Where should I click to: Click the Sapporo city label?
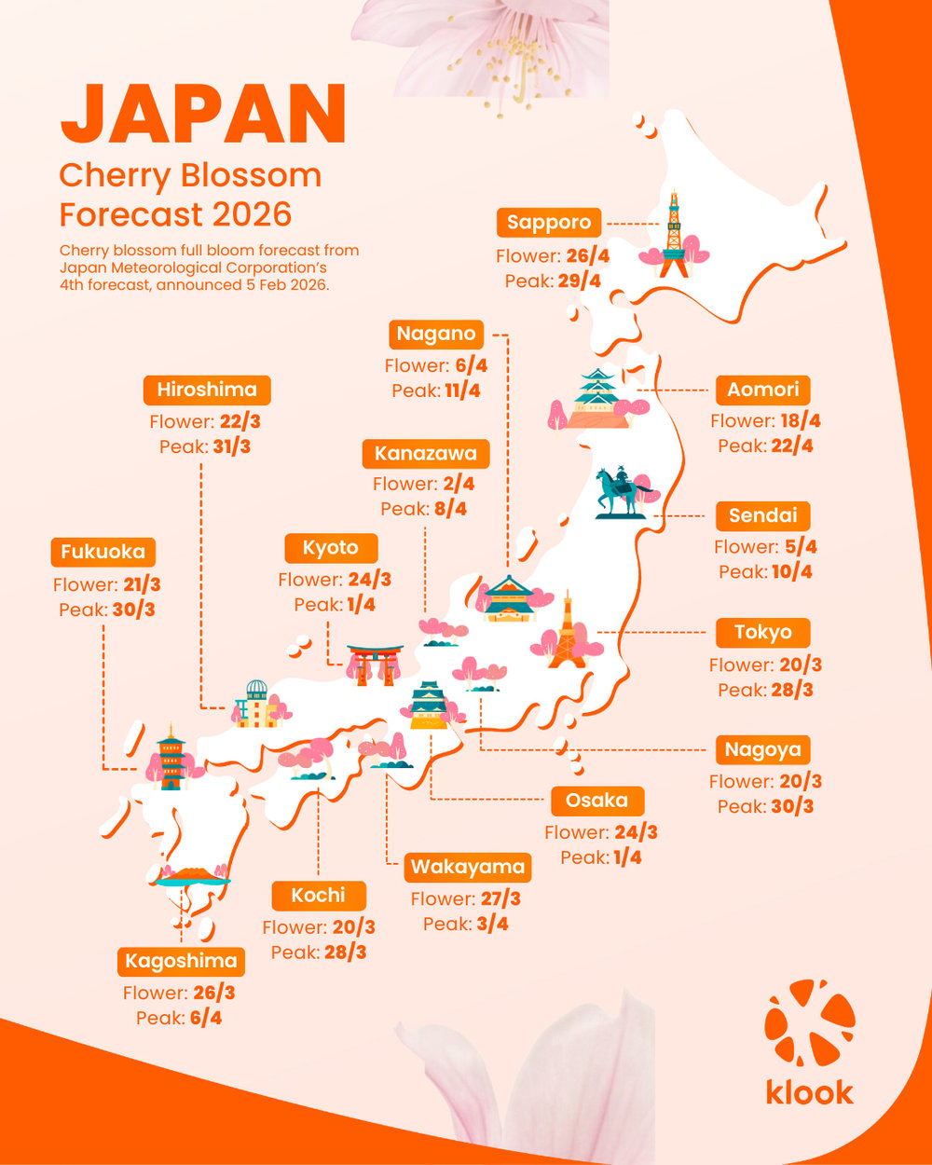click(549, 223)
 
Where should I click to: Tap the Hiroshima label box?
click(207, 390)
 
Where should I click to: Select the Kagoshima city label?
click(182, 961)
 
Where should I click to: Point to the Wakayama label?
click(468, 867)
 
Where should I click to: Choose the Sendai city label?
click(762, 515)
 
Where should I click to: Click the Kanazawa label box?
click(425, 454)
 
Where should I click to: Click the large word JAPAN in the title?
click(203, 114)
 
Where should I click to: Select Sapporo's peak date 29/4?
click(579, 281)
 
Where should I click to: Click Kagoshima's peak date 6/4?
click(205, 1018)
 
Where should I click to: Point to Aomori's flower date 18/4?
click(800, 421)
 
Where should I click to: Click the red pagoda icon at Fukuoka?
click(171, 758)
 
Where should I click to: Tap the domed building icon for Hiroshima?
click(254, 704)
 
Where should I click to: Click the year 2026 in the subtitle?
click(252, 214)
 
